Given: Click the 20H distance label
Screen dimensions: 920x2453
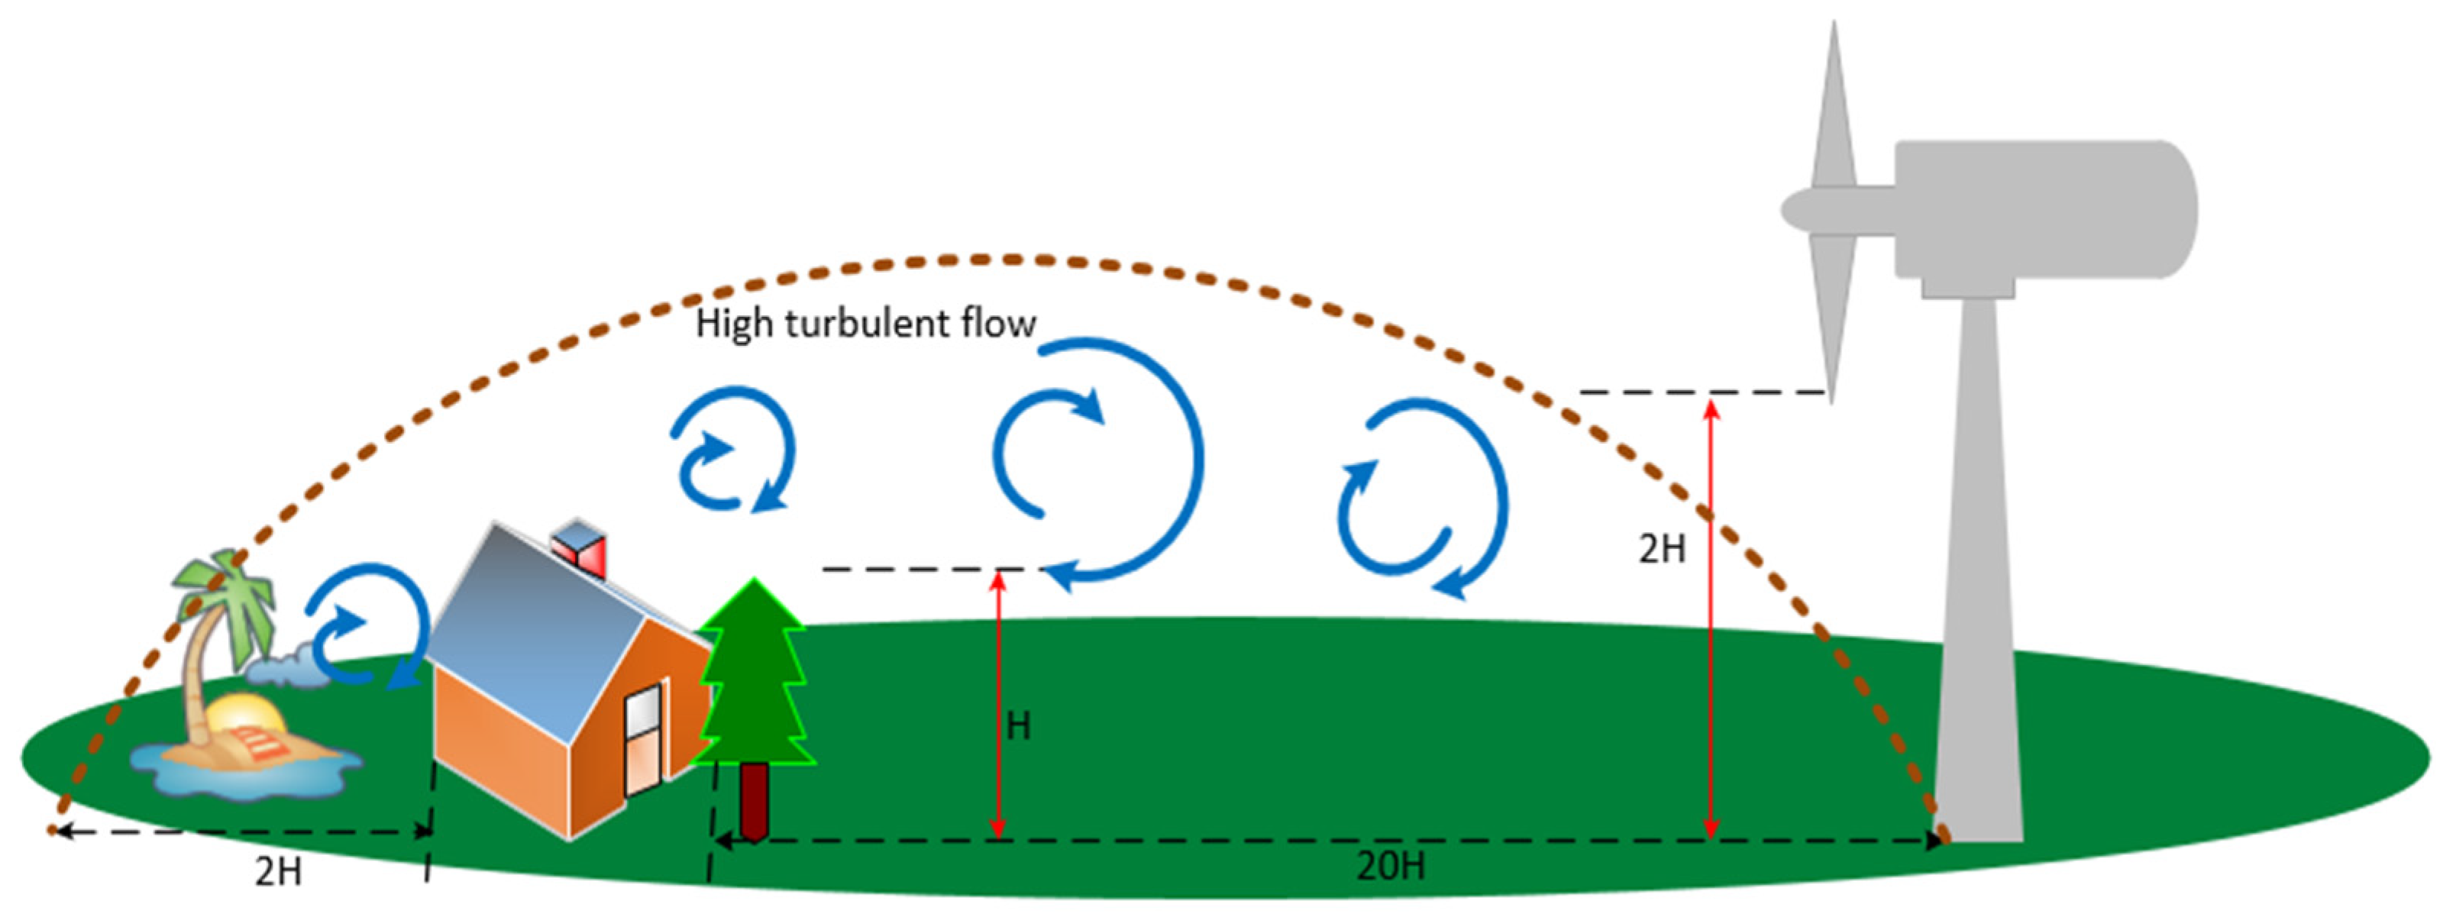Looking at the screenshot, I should [x=1390, y=866].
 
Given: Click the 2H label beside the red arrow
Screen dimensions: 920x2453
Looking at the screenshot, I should [x=1662, y=549].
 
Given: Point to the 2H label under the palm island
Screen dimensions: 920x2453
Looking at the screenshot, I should [x=278, y=871].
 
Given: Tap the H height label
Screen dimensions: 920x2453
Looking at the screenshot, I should [x=1019, y=727].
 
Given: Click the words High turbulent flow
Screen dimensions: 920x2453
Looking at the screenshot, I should [x=865, y=324].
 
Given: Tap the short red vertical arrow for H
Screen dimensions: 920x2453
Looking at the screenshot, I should [x=998, y=705].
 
